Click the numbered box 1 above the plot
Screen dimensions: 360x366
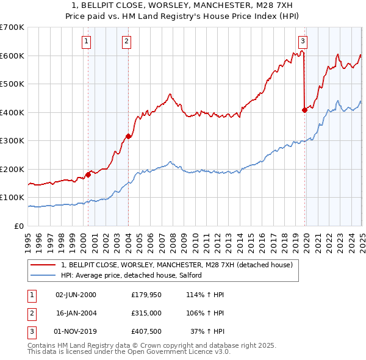pyautogui.click(x=87, y=41)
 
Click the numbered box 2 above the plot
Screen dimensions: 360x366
pyautogui.click(x=126, y=41)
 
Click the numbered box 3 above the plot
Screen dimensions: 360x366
pyautogui.click(x=303, y=41)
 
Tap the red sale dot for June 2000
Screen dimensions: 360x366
pyautogui.click(x=88, y=175)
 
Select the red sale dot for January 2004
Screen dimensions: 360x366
pyautogui.click(x=128, y=136)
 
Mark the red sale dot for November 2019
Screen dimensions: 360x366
pyautogui.click(x=304, y=110)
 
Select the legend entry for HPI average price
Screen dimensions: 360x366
pyautogui.click(x=135, y=276)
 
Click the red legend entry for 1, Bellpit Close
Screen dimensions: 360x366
pyautogui.click(x=177, y=265)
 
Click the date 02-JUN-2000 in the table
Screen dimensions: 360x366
pyautogui.click(x=76, y=294)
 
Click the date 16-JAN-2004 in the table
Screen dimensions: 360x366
pyautogui.click(x=76, y=314)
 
